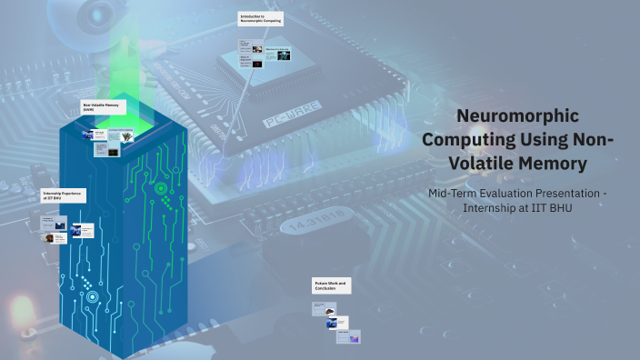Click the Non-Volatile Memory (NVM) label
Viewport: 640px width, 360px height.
coord(101,107)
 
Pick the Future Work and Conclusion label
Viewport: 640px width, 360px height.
coord(330,286)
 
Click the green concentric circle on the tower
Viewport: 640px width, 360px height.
coord(161,189)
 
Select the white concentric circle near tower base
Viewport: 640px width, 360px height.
coord(92,296)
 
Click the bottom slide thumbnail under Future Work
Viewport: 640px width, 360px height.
coord(348,337)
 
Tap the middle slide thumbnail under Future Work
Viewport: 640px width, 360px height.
coord(337,323)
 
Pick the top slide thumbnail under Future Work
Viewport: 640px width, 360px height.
coord(325,309)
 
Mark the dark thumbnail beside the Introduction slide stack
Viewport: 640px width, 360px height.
coord(257,65)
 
